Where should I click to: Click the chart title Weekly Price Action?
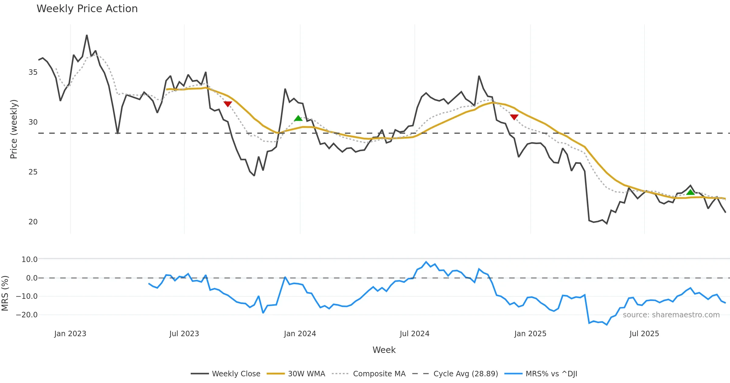coord(87,9)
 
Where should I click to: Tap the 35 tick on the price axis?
coord(33,72)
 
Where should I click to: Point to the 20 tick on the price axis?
coord(33,222)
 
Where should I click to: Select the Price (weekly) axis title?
coord(14,129)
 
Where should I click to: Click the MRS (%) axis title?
coord(5,293)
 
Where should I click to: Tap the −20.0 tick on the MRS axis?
coord(27,315)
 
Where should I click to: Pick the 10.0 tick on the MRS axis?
coord(30,260)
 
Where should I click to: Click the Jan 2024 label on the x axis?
coord(300,334)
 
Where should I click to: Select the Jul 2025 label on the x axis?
coord(644,334)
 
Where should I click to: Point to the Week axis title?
coord(384,350)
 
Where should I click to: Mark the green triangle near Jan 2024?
coord(298,118)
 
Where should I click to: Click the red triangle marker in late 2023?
coord(228,104)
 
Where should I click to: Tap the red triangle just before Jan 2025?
coord(514,117)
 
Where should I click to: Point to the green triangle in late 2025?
coord(690,192)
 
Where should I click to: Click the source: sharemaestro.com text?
coord(671,315)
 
